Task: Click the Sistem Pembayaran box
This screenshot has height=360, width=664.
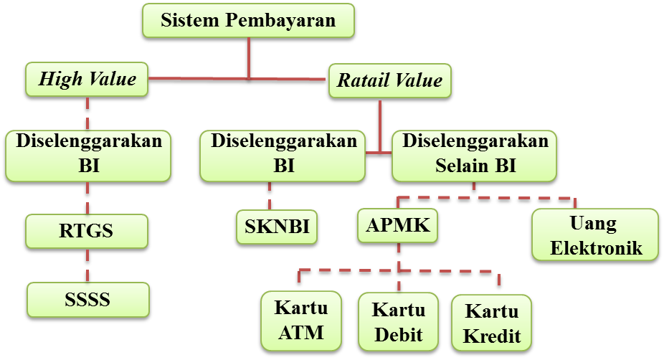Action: coord(248,20)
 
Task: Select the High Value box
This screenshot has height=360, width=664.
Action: coord(87,79)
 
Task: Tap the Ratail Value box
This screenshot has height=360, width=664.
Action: coord(389,80)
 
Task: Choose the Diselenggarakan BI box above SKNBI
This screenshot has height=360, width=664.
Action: coord(283,153)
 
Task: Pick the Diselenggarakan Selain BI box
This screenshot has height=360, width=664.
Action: coord(475,153)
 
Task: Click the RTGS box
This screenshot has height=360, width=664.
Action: coord(87,231)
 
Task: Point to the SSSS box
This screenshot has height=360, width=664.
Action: coord(87,299)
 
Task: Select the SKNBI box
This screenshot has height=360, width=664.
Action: coord(277,227)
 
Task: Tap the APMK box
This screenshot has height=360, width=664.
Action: coord(398,226)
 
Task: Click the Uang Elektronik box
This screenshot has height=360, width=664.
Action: coord(594,235)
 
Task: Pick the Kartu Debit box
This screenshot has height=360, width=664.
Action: coord(399,322)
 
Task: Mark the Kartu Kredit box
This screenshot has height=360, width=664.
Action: coord(491,323)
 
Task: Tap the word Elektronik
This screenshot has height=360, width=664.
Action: coord(594,247)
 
